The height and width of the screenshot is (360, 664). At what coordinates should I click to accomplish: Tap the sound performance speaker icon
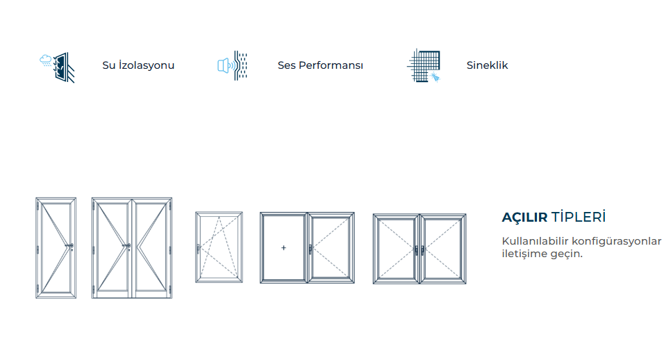point(232,66)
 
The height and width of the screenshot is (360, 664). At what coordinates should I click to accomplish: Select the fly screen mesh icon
point(423,66)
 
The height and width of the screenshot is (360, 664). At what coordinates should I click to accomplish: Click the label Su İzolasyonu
point(138,66)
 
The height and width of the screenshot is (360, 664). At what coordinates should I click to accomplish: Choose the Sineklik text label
point(488,66)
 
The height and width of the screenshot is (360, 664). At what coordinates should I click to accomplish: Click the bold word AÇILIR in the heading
point(524,218)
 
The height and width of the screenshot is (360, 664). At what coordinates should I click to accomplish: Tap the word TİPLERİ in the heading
point(579,218)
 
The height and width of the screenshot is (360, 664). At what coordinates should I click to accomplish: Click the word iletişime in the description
point(524,254)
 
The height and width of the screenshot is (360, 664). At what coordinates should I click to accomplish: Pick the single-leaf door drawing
point(56,248)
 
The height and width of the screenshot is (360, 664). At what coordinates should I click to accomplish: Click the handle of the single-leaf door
point(71,246)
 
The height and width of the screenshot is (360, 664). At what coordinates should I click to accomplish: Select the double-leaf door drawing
point(131,248)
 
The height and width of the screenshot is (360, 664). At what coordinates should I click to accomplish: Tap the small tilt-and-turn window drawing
point(219,247)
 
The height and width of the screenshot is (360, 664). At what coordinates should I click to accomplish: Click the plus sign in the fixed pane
point(283,247)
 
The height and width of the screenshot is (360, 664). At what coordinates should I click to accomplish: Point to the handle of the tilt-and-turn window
point(199,247)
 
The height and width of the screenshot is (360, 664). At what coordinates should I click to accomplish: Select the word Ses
point(287,66)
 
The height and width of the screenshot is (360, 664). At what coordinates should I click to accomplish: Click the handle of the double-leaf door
point(127,245)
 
